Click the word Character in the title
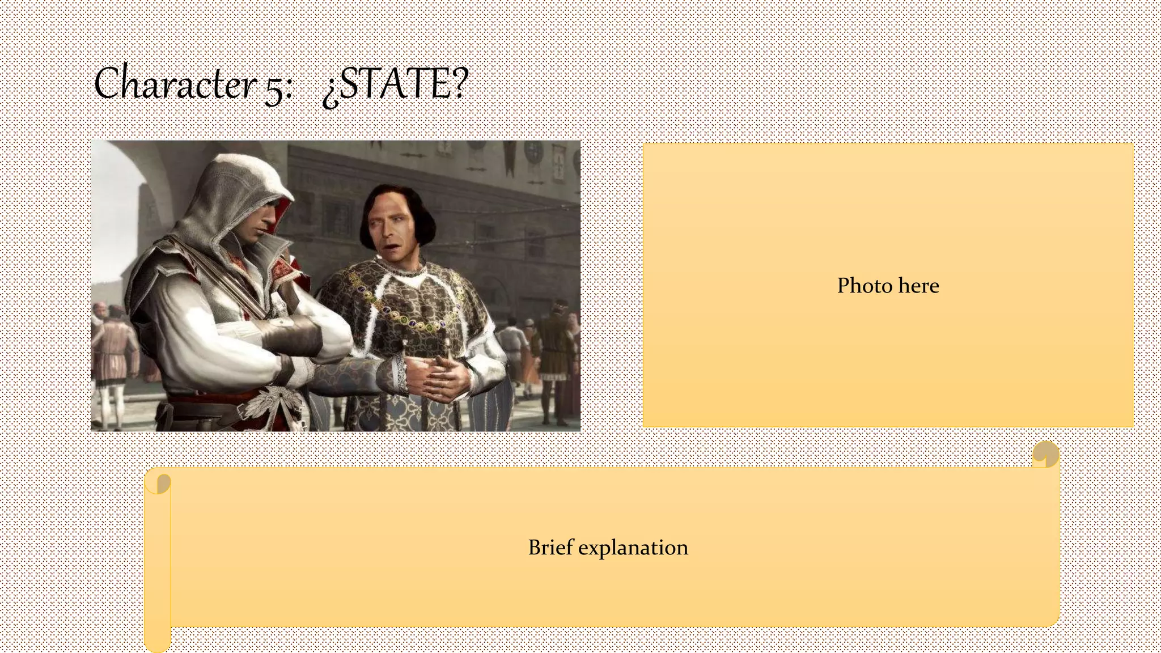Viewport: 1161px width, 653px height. point(175,84)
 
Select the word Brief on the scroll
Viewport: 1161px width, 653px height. point(550,548)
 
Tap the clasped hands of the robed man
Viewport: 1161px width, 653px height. point(439,378)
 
